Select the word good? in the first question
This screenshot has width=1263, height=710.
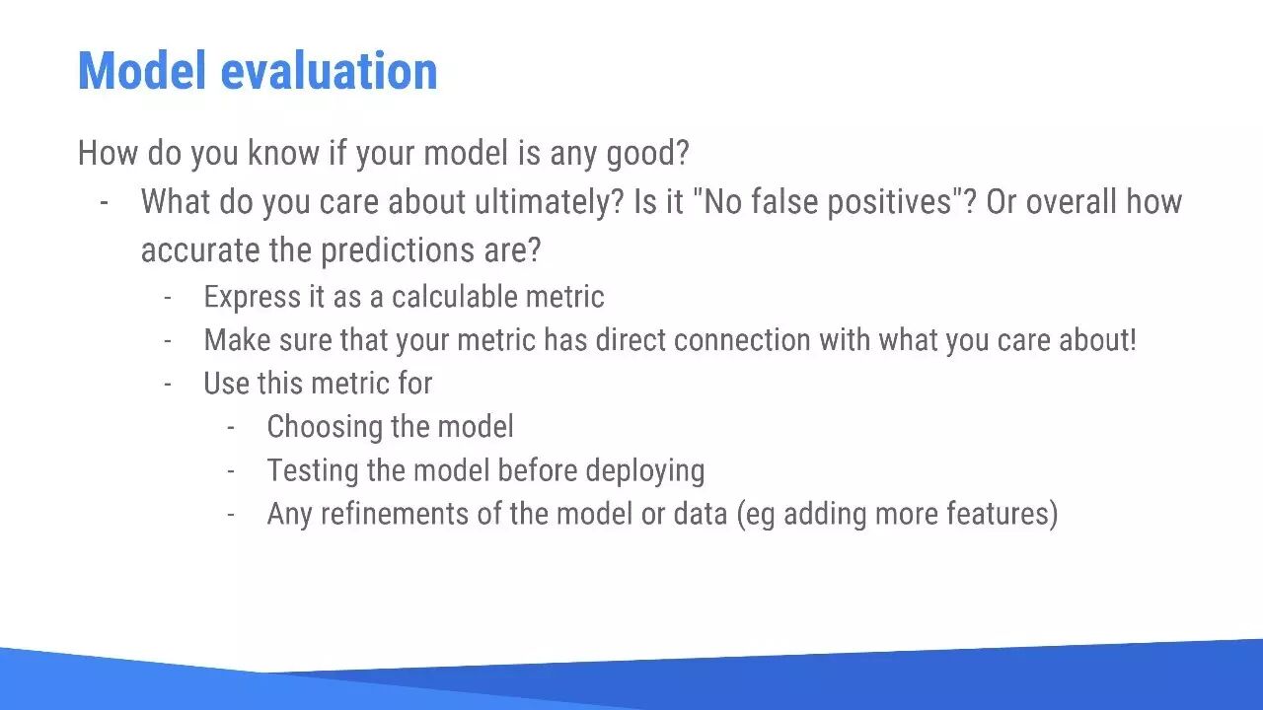(x=648, y=153)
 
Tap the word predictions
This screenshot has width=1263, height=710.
(x=398, y=250)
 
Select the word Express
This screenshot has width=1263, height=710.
(x=253, y=297)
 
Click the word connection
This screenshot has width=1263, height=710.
(x=742, y=340)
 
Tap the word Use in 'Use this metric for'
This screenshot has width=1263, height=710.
(x=227, y=384)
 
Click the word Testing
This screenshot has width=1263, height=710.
(x=313, y=470)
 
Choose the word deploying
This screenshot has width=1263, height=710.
(x=645, y=471)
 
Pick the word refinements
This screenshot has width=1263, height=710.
(x=395, y=514)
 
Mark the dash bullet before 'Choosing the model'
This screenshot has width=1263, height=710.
(x=231, y=428)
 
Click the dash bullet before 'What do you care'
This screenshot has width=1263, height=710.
(x=104, y=203)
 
